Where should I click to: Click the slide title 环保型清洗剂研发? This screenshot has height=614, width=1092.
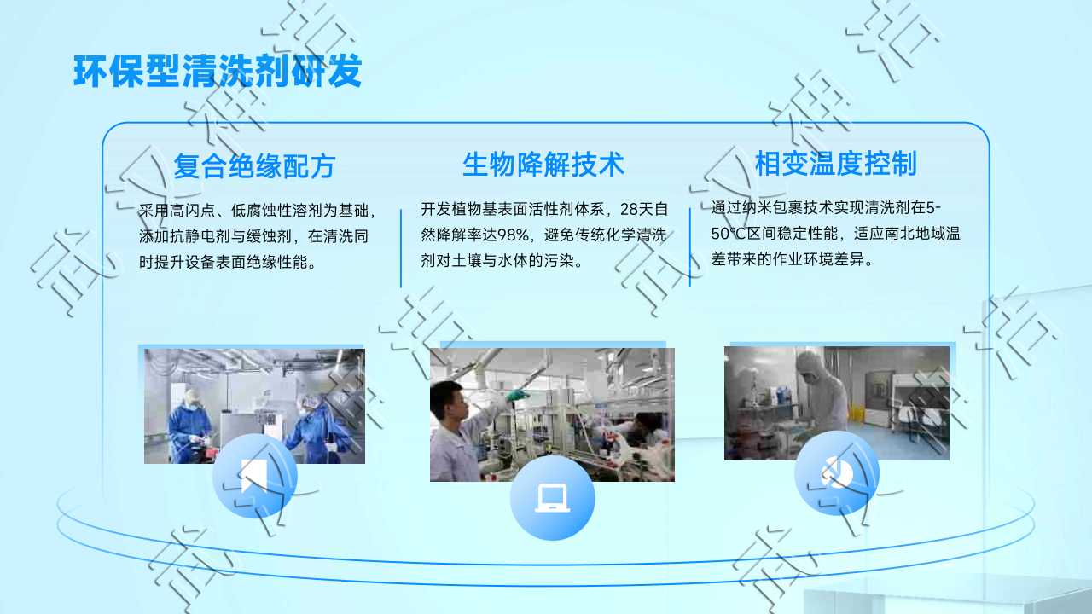tap(218, 71)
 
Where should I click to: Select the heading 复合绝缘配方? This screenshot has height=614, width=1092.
tap(254, 165)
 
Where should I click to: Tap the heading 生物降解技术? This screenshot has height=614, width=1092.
tap(543, 165)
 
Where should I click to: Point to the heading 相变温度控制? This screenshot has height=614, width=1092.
tap(835, 163)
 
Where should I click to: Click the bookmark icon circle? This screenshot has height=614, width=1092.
tap(254, 476)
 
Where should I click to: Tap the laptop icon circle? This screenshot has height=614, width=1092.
tap(552, 497)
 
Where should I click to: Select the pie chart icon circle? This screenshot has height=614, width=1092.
tap(837, 472)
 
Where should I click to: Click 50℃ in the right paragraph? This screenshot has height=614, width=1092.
tap(729, 234)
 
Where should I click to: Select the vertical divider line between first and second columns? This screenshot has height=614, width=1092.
tap(401, 248)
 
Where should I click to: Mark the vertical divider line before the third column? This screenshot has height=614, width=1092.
tap(690, 247)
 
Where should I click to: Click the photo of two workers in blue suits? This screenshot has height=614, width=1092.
tap(254, 406)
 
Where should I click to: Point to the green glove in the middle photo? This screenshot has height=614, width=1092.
tap(517, 394)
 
